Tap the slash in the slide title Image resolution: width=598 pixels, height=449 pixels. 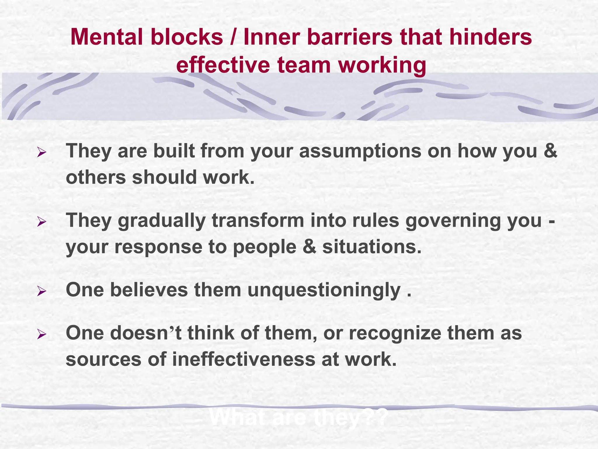(233, 37)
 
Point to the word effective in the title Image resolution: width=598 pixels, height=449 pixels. (223, 65)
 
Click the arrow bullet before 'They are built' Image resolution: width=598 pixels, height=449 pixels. (41, 152)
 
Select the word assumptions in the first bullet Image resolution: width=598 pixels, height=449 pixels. (360, 151)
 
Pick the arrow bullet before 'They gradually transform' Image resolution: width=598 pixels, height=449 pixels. (41, 222)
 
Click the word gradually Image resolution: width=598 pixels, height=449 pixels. (162, 221)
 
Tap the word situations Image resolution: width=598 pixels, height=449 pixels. (372, 247)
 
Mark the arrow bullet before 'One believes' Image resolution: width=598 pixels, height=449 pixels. (41, 291)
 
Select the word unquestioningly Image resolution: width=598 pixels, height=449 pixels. (324, 291)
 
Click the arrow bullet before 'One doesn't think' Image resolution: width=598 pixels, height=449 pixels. (41, 334)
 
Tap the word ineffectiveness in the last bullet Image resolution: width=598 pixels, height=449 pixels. (244, 359)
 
